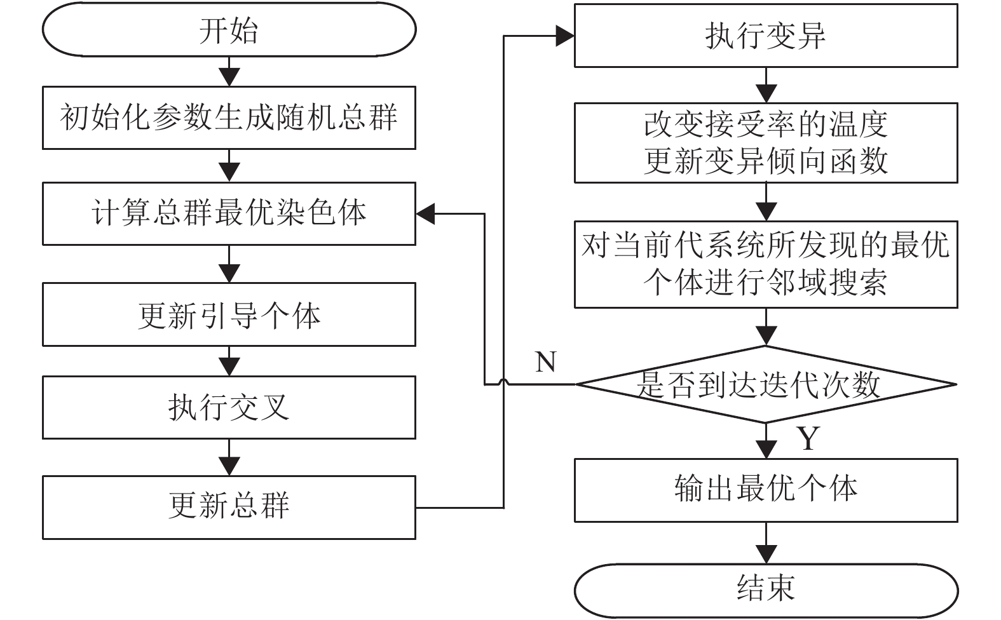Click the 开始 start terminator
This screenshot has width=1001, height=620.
tap(229, 30)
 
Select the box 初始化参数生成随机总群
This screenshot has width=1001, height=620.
tap(229, 118)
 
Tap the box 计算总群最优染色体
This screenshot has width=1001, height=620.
tap(229, 213)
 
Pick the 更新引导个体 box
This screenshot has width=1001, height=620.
tap(229, 314)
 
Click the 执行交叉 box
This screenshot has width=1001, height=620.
tap(229, 407)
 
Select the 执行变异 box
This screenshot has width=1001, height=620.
tap(766, 36)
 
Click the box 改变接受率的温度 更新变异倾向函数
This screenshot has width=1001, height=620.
tap(766, 143)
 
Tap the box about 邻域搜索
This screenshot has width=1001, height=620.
tap(766, 264)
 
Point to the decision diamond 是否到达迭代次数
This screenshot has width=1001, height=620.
tap(766, 384)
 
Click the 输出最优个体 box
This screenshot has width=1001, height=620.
tap(766, 490)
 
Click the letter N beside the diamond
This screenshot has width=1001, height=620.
tap(546, 362)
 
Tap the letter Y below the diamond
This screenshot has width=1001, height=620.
tap(808, 438)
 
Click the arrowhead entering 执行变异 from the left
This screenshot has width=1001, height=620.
tap(565, 36)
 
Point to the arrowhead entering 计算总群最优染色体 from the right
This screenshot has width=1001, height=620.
tap(426, 214)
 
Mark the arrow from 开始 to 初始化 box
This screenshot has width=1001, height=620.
tap(229, 71)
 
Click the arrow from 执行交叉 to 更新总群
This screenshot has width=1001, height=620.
tap(229, 458)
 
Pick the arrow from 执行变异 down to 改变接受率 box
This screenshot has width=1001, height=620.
tap(766, 85)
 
